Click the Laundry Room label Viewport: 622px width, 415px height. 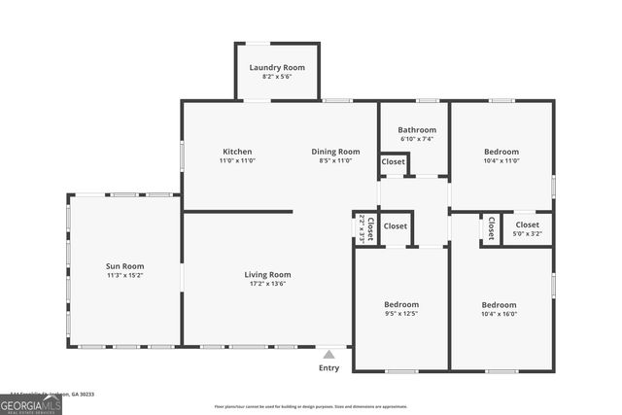(x=277, y=67)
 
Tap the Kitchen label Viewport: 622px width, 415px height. (x=237, y=152)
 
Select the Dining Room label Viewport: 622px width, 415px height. (x=335, y=152)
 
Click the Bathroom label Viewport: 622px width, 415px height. (x=416, y=129)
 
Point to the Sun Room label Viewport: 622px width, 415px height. (x=124, y=266)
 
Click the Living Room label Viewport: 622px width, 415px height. (x=267, y=274)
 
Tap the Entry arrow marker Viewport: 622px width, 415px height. (x=329, y=356)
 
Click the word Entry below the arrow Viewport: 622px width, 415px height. (x=329, y=368)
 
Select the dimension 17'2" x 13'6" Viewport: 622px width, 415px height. (x=267, y=285)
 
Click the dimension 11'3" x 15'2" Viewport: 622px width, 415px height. (x=124, y=276)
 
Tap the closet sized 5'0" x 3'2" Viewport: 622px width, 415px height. (x=527, y=229)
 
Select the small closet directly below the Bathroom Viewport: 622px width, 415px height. (x=394, y=162)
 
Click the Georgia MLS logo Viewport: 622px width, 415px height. (x=31, y=402)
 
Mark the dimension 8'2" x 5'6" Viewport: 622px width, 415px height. (x=277, y=78)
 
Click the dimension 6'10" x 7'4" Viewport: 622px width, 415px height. (x=416, y=139)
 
